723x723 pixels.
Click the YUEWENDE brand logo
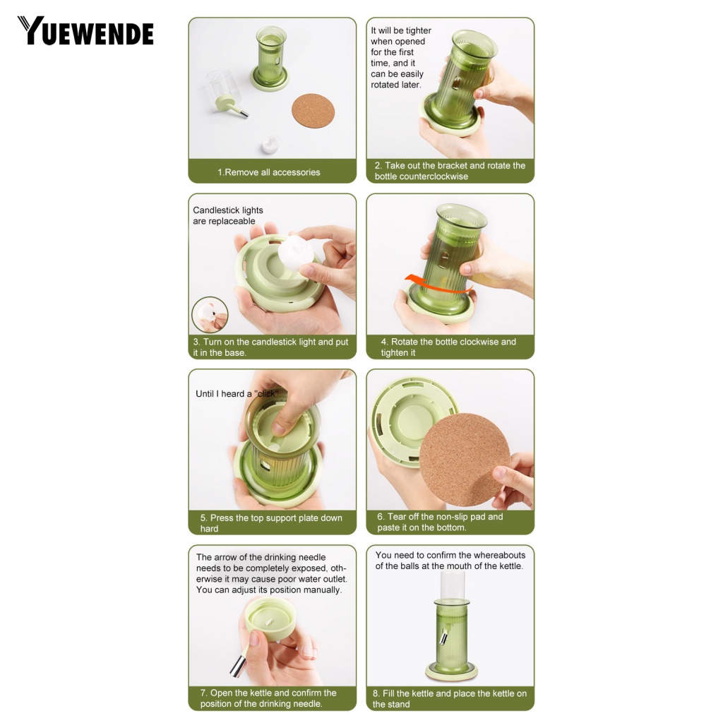[85, 31]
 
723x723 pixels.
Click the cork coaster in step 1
[313, 111]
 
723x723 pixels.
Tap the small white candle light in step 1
[271, 145]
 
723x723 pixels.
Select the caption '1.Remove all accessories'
[268, 172]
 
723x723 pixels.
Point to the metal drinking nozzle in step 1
[242, 111]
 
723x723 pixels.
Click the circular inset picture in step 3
[210, 315]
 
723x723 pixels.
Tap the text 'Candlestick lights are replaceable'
[227, 215]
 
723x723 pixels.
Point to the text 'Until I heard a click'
[237, 394]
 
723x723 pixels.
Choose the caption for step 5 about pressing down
[271, 522]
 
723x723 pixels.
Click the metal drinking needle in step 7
[238, 664]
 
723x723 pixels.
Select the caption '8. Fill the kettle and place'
[450, 698]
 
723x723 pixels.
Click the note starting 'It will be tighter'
[401, 58]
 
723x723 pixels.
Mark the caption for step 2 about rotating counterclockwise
[450, 171]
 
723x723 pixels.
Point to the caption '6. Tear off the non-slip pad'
[440, 522]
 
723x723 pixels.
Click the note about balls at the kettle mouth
[450, 561]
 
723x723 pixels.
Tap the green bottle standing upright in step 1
[270, 58]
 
